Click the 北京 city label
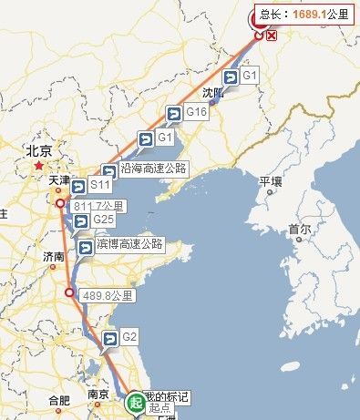pyautogui.click(x=38, y=151)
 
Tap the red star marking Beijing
pyautogui.click(x=38, y=167)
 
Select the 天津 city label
pyautogui.click(x=59, y=180)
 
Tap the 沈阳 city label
pyautogui.click(x=212, y=92)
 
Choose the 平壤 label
pyautogui.click(x=272, y=181)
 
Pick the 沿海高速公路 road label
pyautogui.click(x=153, y=169)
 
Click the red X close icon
pyautogui.click(x=272, y=36)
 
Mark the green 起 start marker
pyautogui.click(x=135, y=400)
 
